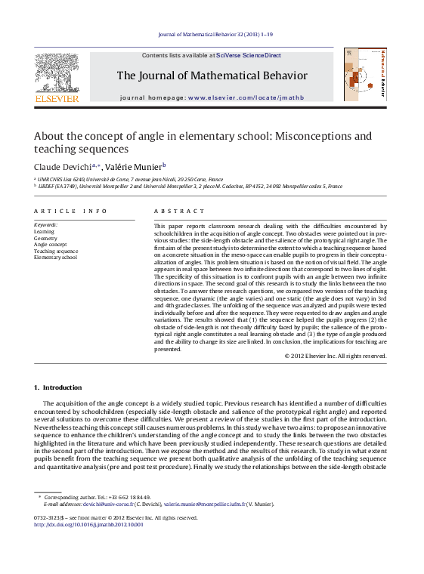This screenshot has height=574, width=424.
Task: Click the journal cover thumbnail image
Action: click(x=364, y=75)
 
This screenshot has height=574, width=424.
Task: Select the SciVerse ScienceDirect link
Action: click(x=249, y=55)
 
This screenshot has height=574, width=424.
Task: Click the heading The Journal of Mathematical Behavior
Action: click(x=212, y=76)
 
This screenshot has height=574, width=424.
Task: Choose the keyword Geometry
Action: click(x=45, y=238)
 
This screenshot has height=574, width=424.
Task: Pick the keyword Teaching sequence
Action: click(x=56, y=251)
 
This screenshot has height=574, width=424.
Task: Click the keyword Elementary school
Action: click(x=55, y=258)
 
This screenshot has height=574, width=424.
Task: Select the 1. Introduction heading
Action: click(x=58, y=387)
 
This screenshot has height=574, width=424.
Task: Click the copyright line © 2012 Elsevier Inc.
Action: click(x=336, y=355)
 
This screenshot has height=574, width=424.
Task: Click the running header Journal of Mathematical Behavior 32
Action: click(x=212, y=35)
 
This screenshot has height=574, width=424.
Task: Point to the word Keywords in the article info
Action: click(x=45, y=225)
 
